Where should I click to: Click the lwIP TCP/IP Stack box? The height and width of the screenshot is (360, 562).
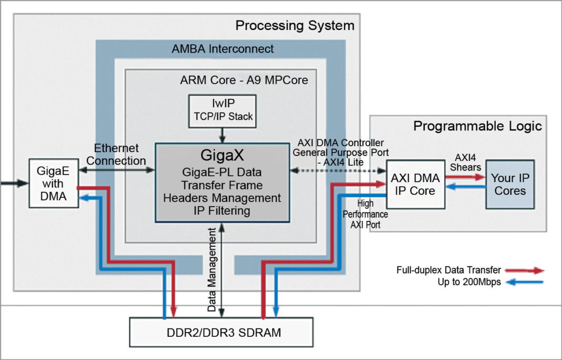tap(222, 111)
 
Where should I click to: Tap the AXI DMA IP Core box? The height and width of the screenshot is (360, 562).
tap(415, 184)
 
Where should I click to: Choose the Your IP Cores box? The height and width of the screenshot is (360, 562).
tap(510, 184)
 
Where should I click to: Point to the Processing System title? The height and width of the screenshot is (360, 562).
tap(295, 25)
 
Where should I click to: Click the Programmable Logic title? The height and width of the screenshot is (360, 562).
tap(477, 126)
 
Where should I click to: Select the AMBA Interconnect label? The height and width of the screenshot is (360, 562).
tap(223, 49)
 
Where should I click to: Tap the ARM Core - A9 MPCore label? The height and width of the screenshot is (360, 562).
tap(244, 81)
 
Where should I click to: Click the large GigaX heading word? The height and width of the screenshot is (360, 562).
tap(222, 156)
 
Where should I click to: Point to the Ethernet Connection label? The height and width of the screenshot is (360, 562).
tap(116, 154)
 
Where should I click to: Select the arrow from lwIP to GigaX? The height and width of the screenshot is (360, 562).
tap(222, 134)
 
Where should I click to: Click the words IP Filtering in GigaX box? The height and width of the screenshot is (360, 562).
tap(222, 211)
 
